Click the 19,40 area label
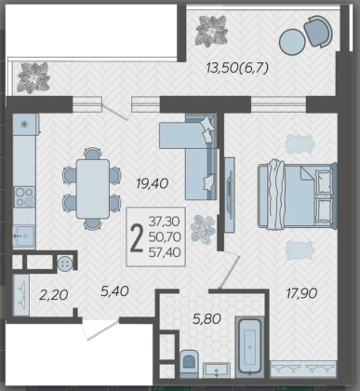coord(153,183)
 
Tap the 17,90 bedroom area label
coord(301,293)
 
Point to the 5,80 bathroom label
coord(207,318)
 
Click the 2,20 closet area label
coord(54,295)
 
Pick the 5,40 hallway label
coord(114,291)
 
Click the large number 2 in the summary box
coord(137,237)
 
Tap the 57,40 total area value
coord(165,252)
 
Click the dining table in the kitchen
coord(93,189)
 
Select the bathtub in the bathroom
coord(249,346)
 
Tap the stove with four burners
coord(24,197)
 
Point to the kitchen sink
coord(24,236)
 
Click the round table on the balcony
coord(292,42)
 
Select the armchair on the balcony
coord(318,31)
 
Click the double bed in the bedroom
coord(297,196)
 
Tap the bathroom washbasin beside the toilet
coord(217,371)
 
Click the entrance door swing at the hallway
coord(100,330)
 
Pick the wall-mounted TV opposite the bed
coord(229,195)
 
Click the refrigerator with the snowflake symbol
coord(25,125)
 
